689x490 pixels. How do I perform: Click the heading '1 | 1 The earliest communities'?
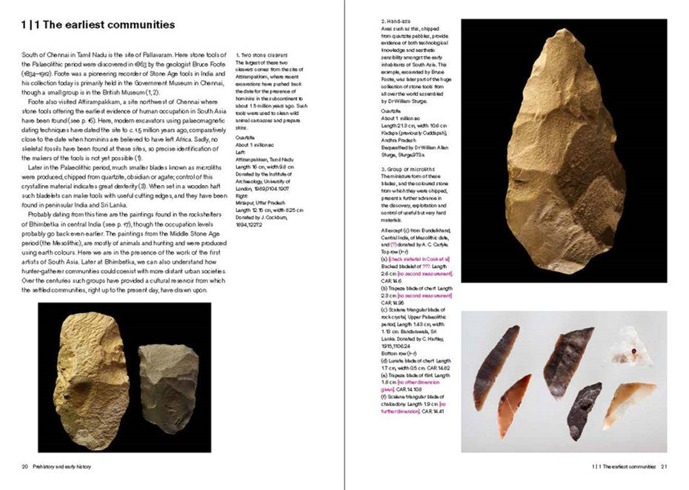(98, 25)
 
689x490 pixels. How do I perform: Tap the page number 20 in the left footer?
(25, 467)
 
